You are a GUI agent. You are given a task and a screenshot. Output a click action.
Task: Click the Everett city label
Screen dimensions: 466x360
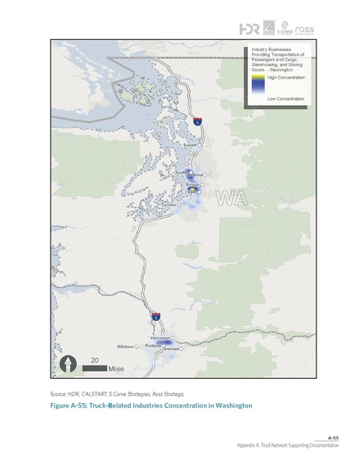tap(189, 145)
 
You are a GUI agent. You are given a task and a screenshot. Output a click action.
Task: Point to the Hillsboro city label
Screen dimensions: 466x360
tap(125, 345)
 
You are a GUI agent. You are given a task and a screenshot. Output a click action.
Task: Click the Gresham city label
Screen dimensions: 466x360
tap(170, 349)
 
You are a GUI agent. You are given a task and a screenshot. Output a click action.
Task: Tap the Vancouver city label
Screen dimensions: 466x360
tap(160, 338)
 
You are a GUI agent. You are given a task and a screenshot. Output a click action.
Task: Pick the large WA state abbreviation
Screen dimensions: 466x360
tap(232, 198)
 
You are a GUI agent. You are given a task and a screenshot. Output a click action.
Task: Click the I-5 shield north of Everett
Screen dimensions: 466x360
tap(198, 122)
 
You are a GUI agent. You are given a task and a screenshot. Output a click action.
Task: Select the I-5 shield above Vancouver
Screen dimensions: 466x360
tap(156, 317)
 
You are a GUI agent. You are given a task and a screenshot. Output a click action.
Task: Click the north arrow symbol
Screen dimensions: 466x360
tap(69, 363)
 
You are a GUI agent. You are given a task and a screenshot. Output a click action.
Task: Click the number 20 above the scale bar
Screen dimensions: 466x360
tap(94, 360)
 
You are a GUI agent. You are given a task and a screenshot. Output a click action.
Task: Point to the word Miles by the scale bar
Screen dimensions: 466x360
tap(117, 368)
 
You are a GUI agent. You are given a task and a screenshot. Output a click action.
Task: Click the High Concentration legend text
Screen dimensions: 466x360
tap(285, 78)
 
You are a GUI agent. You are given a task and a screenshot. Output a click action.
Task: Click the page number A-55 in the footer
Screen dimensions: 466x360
tap(331, 438)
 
